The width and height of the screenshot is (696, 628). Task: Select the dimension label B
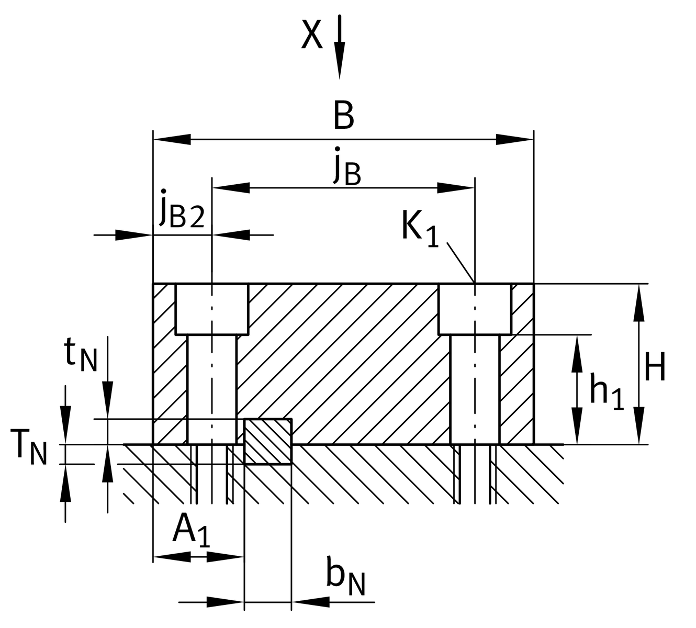pyautogui.click(x=343, y=116)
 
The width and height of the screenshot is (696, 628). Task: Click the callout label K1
pyautogui.click(x=419, y=229)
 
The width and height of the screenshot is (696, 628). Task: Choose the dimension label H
pyautogui.click(x=654, y=367)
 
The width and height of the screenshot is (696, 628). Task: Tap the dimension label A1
pyautogui.click(x=190, y=530)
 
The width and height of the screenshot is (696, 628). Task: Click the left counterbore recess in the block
pyautogui.click(x=211, y=309)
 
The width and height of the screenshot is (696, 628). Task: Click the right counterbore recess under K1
pyautogui.click(x=474, y=309)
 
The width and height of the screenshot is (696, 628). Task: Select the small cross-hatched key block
pyautogui.click(x=268, y=441)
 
